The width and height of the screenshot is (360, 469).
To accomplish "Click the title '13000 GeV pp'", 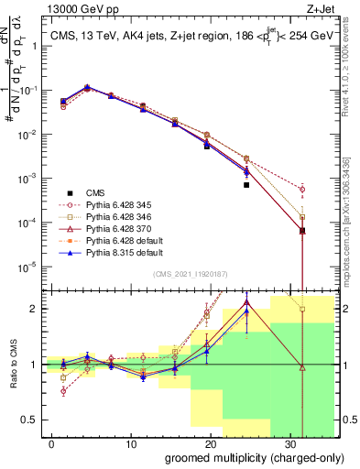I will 79,10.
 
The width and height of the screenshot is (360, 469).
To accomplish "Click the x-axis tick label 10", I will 132,442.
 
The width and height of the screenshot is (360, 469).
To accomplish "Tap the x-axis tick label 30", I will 291,442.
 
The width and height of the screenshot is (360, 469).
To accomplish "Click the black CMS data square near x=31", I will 303,231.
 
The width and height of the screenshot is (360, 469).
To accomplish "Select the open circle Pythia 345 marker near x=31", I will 303,190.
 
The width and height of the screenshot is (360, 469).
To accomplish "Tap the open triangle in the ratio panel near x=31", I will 303,367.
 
